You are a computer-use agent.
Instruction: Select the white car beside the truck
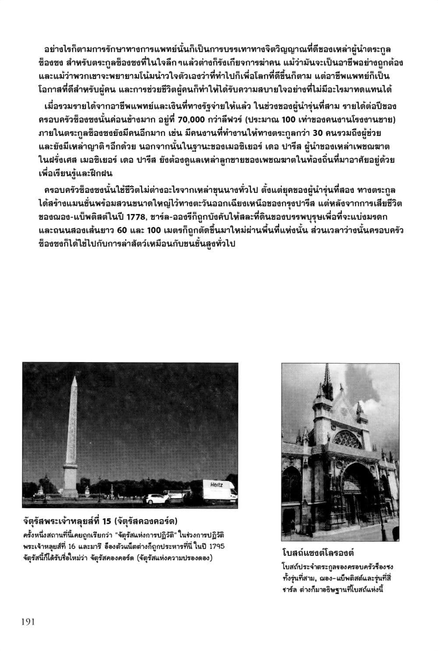tap(154, 498)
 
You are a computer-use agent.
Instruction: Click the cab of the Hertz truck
tap(232, 493)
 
